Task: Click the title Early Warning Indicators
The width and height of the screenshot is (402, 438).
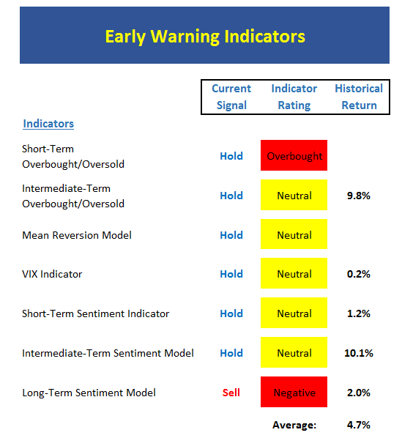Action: tap(205, 37)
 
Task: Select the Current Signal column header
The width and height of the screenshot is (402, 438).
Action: tap(231, 97)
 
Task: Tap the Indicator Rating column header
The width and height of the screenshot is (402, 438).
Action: tap(294, 97)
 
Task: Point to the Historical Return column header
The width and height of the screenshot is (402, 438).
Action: tap(359, 97)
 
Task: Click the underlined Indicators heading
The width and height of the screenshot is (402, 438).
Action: tap(48, 124)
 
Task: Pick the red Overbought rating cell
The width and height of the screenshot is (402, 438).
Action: tap(294, 155)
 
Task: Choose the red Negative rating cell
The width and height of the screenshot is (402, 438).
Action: tap(294, 392)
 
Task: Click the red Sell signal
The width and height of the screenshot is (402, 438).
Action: tap(231, 393)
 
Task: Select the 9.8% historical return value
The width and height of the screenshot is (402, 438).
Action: tap(359, 196)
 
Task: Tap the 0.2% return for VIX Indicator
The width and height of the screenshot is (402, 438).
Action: tap(359, 274)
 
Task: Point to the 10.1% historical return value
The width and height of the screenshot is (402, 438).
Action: tap(359, 353)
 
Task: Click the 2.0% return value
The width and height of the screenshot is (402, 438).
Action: tap(359, 393)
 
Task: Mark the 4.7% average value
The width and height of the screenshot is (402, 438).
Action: tap(359, 425)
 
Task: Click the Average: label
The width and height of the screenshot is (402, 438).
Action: tap(294, 425)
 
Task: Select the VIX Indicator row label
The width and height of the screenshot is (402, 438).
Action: tap(52, 274)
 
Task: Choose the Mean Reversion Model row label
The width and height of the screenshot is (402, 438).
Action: tap(77, 235)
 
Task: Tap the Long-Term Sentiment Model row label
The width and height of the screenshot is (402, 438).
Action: tap(89, 393)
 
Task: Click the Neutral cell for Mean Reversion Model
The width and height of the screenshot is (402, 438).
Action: tap(294, 234)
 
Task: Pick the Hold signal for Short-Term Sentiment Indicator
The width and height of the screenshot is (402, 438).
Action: tap(231, 313)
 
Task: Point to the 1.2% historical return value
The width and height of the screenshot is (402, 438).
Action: tap(359, 313)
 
